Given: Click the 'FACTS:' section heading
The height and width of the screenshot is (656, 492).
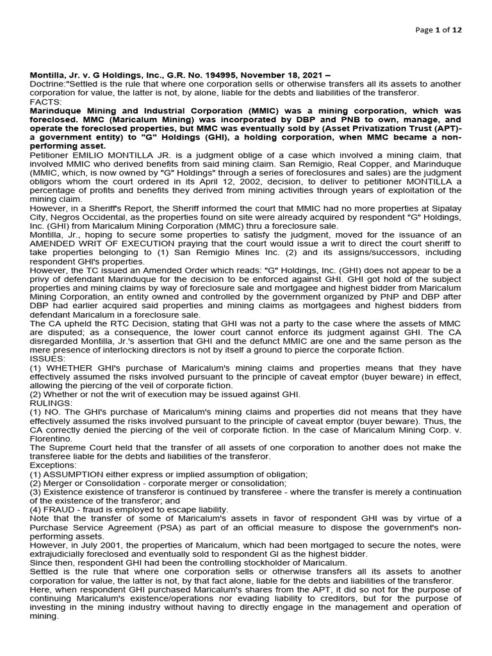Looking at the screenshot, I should pyautogui.click(x=45, y=102).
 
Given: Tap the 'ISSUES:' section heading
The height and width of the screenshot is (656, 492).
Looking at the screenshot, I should pyautogui.click(x=47, y=359).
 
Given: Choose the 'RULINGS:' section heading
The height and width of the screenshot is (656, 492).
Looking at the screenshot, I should pyautogui.click(x=52, y=403).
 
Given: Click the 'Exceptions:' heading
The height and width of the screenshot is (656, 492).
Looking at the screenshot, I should pyautogui.click(x=53, y=465).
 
